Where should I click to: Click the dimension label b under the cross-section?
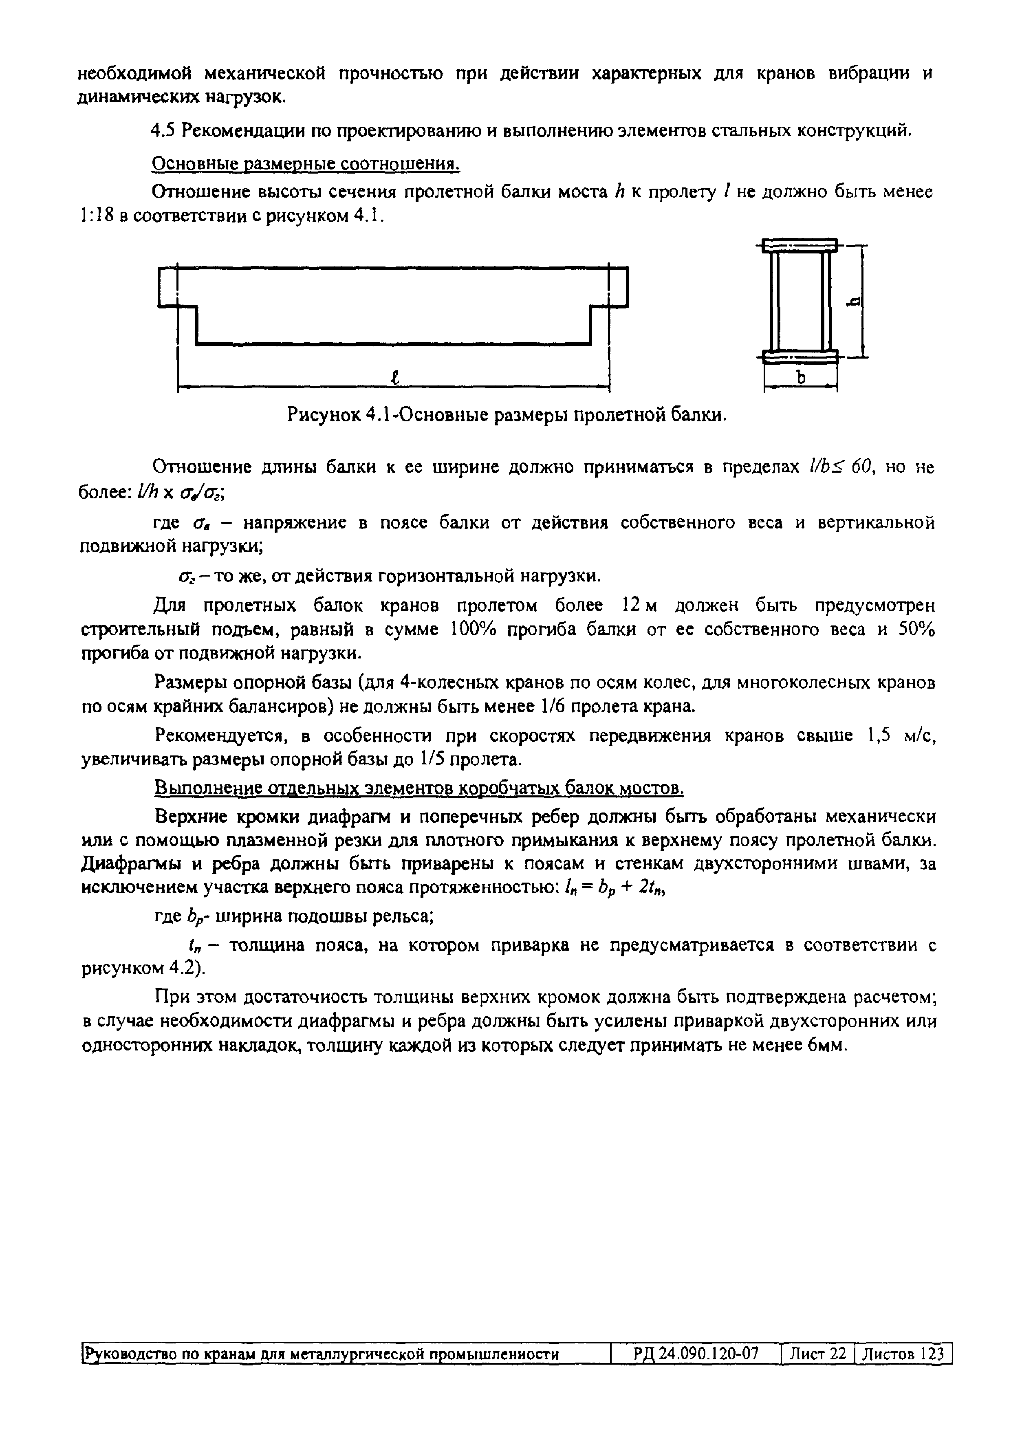click(801, 377)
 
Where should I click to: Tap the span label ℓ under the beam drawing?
click(394, 377)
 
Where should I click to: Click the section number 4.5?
click(163, 131)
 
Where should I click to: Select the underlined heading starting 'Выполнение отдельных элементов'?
click(418, 789)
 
